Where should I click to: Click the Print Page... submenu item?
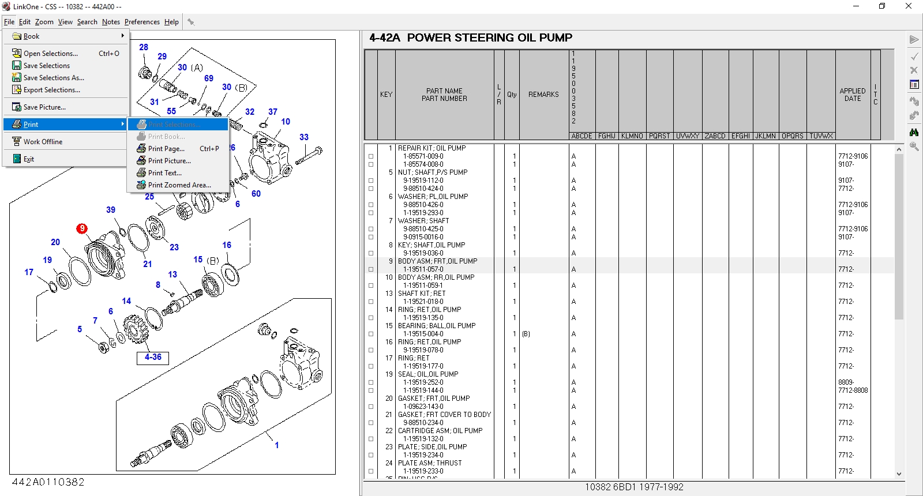166,149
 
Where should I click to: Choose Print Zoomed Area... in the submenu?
179,185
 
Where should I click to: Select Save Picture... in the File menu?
44,107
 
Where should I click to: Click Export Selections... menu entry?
51,90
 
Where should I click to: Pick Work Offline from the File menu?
43,142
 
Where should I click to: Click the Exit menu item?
29,159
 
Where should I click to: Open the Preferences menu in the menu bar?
142,22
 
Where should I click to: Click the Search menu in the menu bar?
87,22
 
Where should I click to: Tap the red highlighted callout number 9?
82,228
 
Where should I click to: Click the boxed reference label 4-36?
153,358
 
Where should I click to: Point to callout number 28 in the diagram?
144,47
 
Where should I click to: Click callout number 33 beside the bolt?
304,137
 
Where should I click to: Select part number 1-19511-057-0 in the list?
423,269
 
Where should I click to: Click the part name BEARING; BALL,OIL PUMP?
436,326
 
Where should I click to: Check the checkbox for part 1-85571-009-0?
371,156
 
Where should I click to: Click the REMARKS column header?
543,95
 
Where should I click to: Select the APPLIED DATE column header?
852,95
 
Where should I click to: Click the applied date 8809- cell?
846,382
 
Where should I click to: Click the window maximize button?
881,6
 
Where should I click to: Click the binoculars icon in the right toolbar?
914,132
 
